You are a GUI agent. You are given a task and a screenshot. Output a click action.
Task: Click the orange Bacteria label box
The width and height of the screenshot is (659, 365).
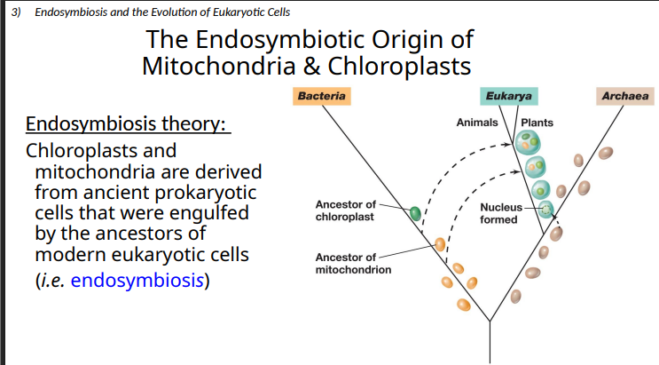click(322, 95)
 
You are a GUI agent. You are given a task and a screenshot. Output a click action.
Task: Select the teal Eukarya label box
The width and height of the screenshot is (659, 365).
click(508, 95)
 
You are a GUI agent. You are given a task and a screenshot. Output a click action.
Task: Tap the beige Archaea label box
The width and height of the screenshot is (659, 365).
click(624, 95)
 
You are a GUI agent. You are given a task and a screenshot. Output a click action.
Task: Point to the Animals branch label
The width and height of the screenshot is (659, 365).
click(476, 122)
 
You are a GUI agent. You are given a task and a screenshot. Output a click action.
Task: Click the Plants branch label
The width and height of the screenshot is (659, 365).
click(537, 122)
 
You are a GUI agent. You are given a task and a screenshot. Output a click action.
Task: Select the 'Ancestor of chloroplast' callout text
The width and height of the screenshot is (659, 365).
click(345, 210)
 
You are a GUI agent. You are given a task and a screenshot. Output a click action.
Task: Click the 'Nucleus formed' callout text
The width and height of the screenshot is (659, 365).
click(500, 213)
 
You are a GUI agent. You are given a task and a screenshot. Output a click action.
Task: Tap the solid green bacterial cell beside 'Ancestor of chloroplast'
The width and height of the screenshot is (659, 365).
click(415, 212)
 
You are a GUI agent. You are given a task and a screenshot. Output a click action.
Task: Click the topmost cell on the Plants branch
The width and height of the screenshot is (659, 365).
click(529, 141)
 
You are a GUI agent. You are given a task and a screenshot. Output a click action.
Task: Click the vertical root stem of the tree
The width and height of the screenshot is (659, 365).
click(490, 342)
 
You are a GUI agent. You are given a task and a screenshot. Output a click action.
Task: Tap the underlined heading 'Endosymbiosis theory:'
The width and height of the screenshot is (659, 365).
click(128, 123)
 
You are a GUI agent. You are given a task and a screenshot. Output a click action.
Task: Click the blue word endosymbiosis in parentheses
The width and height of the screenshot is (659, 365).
click(137, 281)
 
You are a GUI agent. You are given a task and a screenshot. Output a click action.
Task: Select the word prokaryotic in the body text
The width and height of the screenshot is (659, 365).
click(205, 193)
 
